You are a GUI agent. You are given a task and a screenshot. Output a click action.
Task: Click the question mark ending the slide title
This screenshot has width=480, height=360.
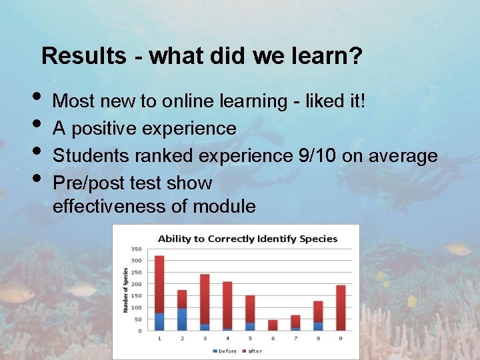tap(356, 56)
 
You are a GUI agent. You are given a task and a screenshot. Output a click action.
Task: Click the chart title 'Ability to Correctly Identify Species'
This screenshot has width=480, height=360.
tap(247, 239)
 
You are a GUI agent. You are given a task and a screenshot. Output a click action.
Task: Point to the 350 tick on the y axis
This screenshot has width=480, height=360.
tap(136, 249)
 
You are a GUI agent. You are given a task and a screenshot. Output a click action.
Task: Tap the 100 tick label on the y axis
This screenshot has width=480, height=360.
tap(136, 307)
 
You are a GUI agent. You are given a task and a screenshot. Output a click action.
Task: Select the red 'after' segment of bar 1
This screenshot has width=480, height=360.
tap(159, 284)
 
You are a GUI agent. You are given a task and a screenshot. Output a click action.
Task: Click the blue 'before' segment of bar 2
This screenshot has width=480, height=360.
tap(182, 319)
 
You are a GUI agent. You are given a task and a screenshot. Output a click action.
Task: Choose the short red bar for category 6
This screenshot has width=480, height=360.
tap(273, 325)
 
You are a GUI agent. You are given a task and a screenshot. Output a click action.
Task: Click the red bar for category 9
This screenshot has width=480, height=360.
tap(341, 308)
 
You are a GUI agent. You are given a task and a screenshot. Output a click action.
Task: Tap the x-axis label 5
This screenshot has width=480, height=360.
tap(250, 339)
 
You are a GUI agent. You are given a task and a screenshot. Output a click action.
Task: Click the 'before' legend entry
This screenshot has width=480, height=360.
tap(224, 351)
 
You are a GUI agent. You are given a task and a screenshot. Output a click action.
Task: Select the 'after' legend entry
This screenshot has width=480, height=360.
tap(252, 351)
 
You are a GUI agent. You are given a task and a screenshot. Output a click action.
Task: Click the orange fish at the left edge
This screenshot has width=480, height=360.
tap(17, 291)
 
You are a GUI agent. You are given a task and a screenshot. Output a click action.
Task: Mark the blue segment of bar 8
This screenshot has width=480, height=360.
tap(318, 326)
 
